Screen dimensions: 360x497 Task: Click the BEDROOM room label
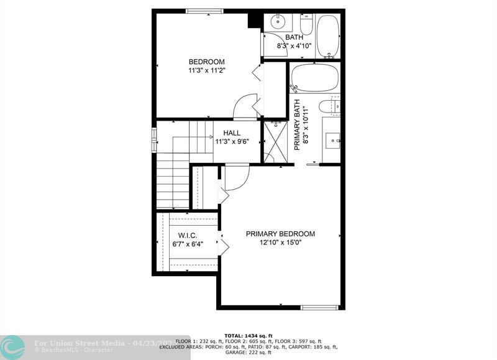click(x=206, y=62)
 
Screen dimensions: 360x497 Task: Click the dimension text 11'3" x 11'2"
click(x=206, y=71)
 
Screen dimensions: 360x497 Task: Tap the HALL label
click(x=232, y=133)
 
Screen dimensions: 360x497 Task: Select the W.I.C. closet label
click(x=187, y=235)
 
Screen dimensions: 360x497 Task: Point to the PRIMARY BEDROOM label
click(x=280, y=234)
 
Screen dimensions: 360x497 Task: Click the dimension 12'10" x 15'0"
click(x=280, y=243)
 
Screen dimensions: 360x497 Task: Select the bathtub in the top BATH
click(x=327, y=35)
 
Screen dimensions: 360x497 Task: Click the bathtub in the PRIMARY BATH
click(x=314, y=78)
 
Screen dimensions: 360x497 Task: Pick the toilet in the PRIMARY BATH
click(x=330, y=106)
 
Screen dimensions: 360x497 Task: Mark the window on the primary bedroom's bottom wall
click(x=320, y=307)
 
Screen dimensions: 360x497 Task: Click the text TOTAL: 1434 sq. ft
click(x=248, y=335)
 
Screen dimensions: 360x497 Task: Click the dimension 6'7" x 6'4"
click(x=187, y=244)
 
